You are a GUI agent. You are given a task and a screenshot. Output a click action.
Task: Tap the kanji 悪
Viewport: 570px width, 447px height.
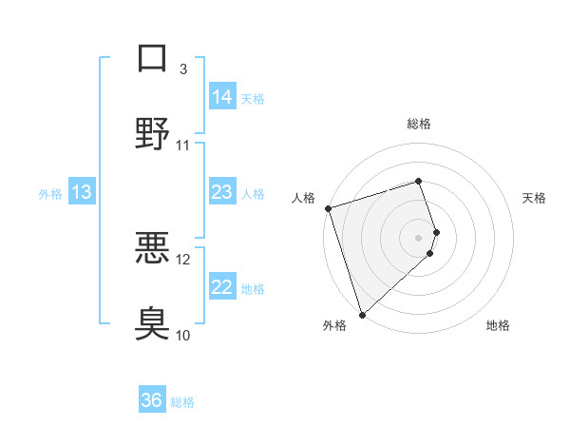152,248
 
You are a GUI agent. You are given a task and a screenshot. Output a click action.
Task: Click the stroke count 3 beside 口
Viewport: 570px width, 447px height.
183,68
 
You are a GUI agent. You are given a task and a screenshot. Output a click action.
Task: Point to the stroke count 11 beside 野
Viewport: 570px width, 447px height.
183,146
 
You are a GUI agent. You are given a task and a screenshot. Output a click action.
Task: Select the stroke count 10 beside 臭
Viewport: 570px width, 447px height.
183,335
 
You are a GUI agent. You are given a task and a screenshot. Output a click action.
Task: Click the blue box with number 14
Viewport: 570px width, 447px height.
221,97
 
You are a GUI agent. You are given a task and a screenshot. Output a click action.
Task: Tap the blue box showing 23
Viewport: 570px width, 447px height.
221,192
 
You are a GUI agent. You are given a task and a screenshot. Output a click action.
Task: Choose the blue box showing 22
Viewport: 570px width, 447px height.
221,287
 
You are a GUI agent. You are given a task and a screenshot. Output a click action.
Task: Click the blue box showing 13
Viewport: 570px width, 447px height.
82,192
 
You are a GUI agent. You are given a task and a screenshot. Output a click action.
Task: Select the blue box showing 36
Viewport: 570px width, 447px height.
152,400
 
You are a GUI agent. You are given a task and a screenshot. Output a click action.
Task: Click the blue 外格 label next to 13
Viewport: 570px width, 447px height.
50,193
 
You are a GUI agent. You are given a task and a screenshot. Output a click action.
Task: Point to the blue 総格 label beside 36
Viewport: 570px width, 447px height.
182,401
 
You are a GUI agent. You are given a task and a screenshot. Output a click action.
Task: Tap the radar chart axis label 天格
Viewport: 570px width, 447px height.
535,198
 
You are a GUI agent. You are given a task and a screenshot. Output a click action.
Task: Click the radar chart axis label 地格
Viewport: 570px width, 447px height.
498,325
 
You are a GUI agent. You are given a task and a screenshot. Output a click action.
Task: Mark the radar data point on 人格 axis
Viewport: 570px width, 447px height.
328,208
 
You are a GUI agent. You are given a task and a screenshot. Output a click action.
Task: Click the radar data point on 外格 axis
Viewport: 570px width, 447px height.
362,314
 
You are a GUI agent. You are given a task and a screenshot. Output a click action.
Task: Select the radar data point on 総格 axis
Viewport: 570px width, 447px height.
418,181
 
